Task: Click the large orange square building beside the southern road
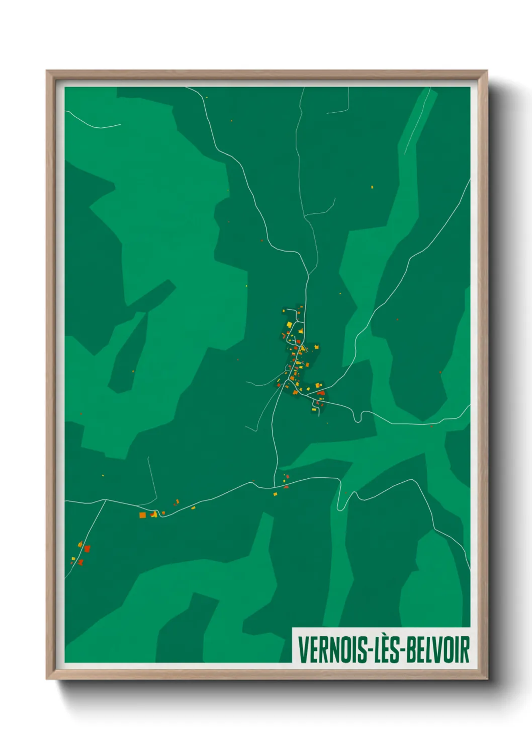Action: coord(142,515)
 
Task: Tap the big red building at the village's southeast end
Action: coord(321,393)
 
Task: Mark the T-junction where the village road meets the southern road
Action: coord(275,487)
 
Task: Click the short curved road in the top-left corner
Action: coord(93,124)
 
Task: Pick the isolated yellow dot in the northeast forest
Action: coord(372,187)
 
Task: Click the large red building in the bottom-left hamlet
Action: coord(86,549)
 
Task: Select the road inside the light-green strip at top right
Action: coord(417,121)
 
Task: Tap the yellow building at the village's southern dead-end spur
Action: coord(315,411)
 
